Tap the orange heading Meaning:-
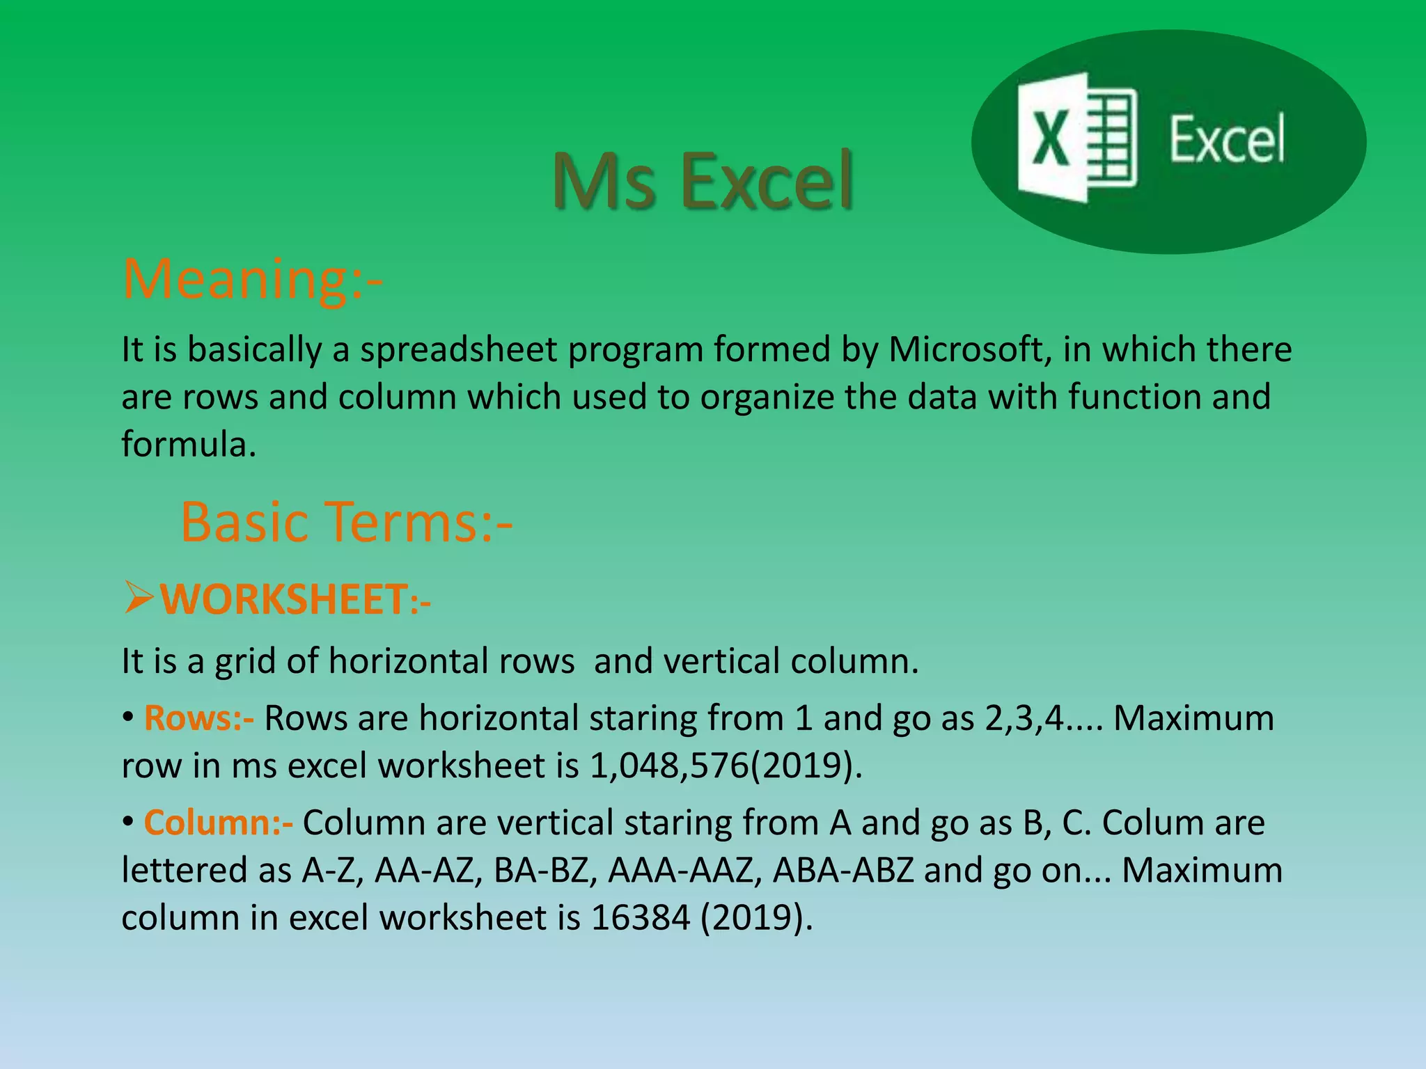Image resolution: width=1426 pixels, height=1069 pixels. point(252,278)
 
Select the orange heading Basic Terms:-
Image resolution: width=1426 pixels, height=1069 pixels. point(346,522)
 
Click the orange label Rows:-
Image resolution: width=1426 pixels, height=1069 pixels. point(198,718)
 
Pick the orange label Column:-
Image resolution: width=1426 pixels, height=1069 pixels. point(218,823)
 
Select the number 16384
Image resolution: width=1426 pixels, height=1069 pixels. point(640,917)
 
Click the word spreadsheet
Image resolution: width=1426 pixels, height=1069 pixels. point(459,349)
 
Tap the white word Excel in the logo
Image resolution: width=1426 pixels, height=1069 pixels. point(1227,141)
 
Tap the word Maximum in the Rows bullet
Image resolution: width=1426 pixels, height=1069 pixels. point(1193,718)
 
